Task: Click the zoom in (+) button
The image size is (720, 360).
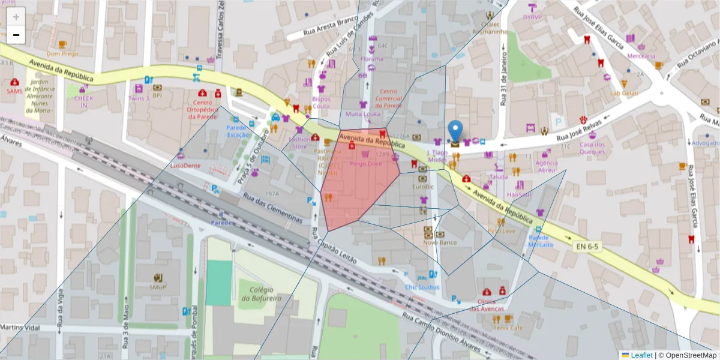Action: (x=16, y=17)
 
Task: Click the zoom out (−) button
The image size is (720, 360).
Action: (x=16, y=35)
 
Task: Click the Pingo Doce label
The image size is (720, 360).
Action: (x=365, y=163)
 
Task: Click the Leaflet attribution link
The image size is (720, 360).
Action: (x=641, y=355)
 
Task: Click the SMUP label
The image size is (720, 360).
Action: (x=158, y=287)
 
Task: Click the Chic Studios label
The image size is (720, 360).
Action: (x=422, y=287)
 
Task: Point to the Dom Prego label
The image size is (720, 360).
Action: (x=62, y=53)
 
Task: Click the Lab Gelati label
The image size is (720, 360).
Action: (x=624, y=93)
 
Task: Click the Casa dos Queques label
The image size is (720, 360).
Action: (x=592, y=148)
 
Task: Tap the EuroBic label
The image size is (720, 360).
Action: (x=423, y=187)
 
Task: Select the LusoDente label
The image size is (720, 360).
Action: (x=184, y=164)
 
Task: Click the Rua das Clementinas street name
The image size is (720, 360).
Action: (x=273, y=207)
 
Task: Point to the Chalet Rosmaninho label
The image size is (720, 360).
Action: (x=490, y=28)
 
